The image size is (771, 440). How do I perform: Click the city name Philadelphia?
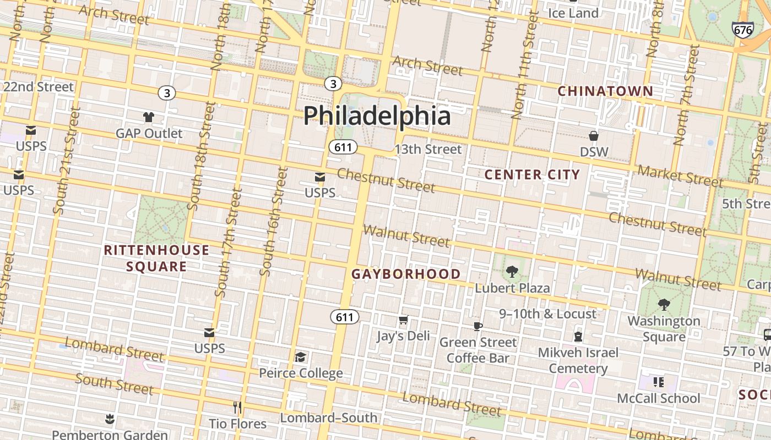click(377, 116)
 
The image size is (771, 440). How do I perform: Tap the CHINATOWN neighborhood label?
click(605, 91)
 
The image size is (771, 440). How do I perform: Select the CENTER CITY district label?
click(532, 175)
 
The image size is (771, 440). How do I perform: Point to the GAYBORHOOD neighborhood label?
click(406, 274)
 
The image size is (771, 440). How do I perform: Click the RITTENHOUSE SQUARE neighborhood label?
click(156, 258)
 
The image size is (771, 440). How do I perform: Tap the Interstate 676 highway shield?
click(743, 30)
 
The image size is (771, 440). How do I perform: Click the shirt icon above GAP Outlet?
click(149, 117)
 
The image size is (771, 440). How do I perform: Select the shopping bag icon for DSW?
click(594, 135)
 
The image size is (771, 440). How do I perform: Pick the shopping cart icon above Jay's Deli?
click(403, 320)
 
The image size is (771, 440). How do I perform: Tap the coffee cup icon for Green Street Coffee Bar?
click(477, 326)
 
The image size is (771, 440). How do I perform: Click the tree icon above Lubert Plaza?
click(512, 271)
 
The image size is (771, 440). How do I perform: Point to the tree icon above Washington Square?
click(664, 304)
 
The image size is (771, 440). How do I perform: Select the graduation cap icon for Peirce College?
click(300, 358)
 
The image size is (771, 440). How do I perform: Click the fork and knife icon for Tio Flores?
click(237, 408)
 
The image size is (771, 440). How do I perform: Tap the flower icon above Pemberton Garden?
click(110, 420)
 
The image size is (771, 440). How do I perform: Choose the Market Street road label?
click(680, 175)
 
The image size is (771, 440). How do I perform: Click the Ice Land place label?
click(573, 13)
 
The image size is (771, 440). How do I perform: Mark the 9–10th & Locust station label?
click(547, 314)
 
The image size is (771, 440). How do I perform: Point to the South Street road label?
click(114, 384)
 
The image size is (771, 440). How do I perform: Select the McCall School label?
click(658, 398)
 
